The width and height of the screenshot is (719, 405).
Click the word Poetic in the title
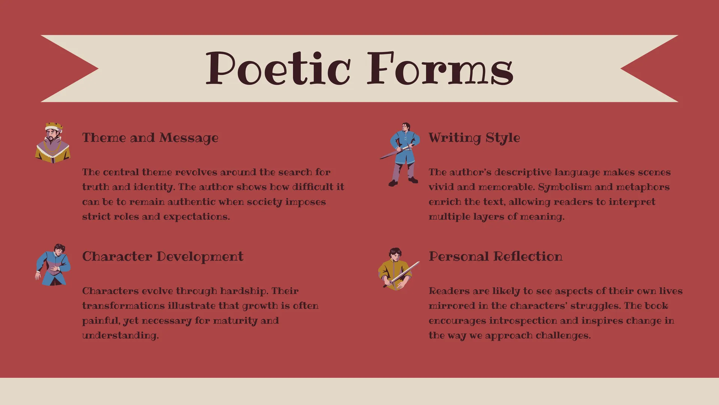278,68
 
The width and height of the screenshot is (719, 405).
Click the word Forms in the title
440,68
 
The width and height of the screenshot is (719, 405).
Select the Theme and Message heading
150,138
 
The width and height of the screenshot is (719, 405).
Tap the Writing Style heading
474,138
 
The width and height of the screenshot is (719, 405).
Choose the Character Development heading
163,257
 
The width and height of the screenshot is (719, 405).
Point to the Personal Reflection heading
495,256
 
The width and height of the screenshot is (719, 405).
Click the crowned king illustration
53,143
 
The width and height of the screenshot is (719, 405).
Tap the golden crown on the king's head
54,126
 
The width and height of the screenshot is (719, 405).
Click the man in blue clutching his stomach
53,265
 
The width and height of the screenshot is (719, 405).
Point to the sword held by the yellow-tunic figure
402,274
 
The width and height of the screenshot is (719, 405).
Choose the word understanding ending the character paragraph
121,336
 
